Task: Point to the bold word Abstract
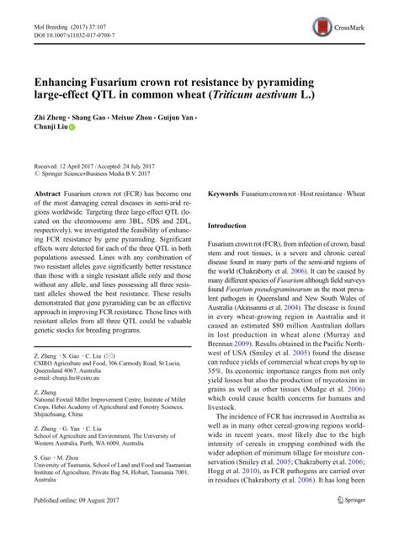click(46, 194)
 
